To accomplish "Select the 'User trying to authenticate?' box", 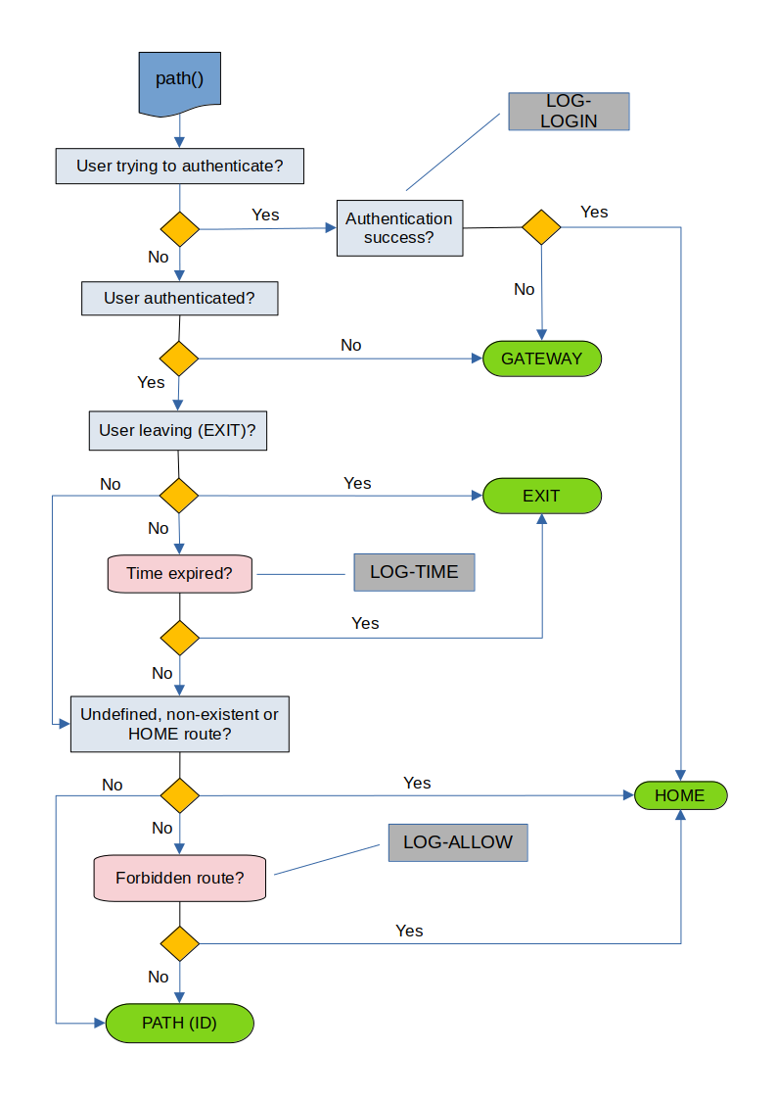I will (x=179, y=167).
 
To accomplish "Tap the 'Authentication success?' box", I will (x=399, y=228).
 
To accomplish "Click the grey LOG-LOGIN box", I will (x=569, y=112).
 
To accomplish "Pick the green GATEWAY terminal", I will (x=541, y=359).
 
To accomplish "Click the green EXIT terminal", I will (x=541, y=496).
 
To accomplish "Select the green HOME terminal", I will (x=680, y=795).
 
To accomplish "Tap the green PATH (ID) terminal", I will (x=179, y=1024).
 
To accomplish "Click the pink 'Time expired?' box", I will (x=179, y=574).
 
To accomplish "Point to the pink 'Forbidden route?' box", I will (x=179, y=878).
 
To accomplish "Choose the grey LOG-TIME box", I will (x=414, y=572).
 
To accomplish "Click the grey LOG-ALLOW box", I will (x=457, y=842).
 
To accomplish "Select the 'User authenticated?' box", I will (x=179, y=298).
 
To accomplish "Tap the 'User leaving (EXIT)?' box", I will (x=178, y=431).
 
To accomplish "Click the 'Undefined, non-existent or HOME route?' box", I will (x=179, y=724).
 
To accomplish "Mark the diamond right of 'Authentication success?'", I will (x=541, y=227).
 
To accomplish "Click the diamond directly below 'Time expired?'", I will (x=179, y=639).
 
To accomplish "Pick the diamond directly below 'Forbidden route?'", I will (x=179, y=943).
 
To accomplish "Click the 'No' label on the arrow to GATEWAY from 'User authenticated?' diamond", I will (x=350, y=345).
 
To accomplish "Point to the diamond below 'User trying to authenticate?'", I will (x=179, y=229).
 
